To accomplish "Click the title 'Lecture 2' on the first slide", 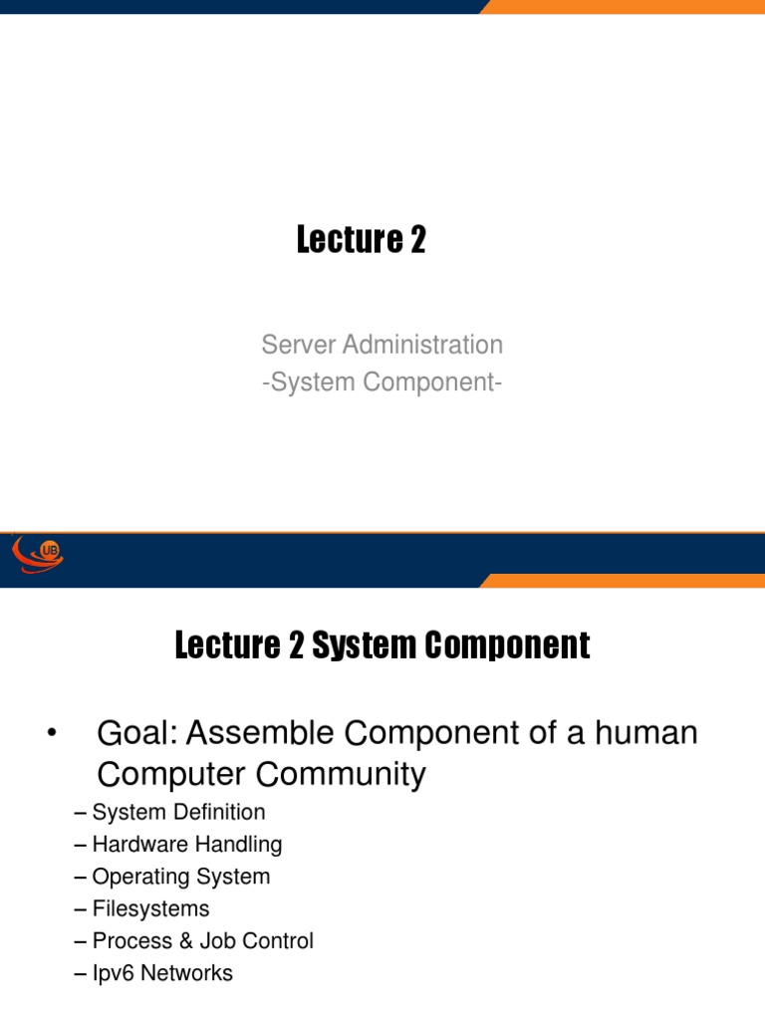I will click(361, 240).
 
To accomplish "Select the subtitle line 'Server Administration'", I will click(382, 346).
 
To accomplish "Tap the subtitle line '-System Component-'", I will click(382, 381).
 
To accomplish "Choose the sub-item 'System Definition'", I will click(178, 813).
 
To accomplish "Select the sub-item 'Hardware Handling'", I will click(186, 845).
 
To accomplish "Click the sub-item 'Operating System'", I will click(180, 878).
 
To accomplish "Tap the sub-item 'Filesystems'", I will click(150, 909).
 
